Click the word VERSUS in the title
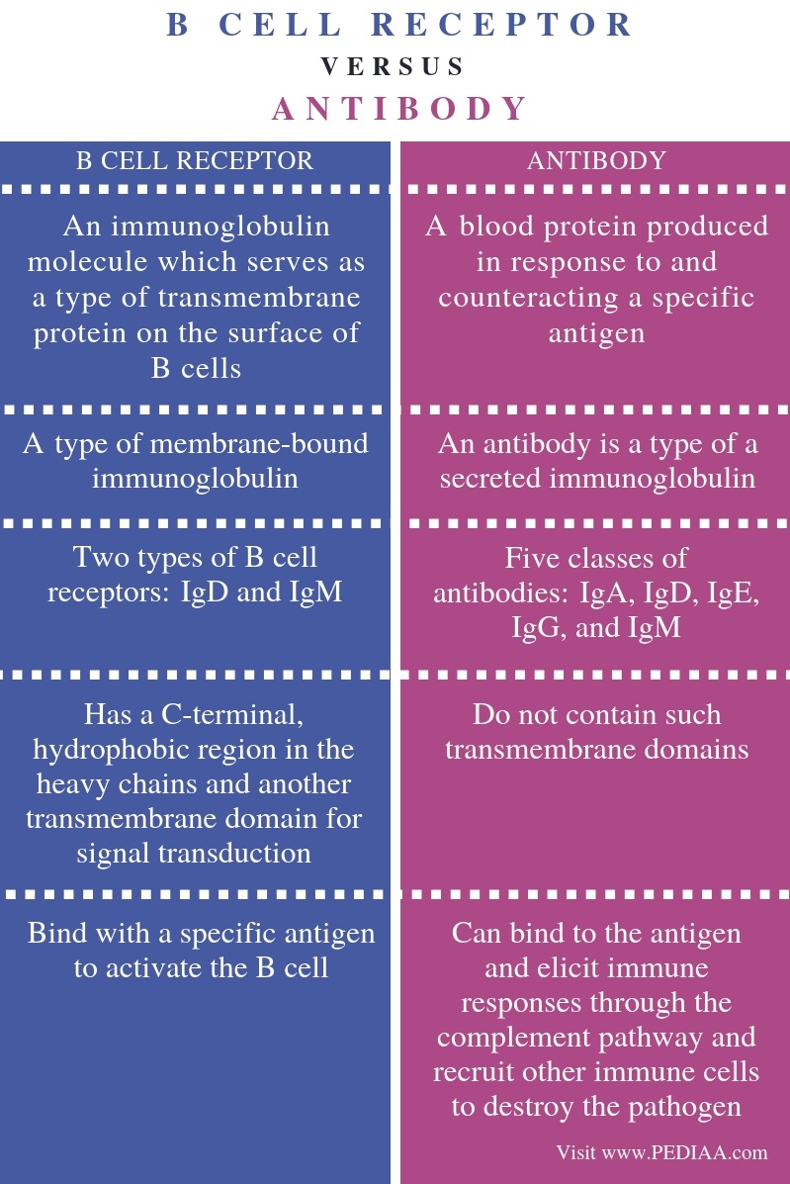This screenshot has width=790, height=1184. click(x=393, y=66)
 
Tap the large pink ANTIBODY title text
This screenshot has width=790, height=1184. click(x=399, y=109)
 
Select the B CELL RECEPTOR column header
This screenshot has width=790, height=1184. click(x=195, y=161)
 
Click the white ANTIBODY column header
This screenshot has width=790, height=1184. click(x=596, y=161)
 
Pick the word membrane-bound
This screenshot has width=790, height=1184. click(x=260, y=443)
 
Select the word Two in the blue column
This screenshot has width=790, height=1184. click(x=100, y=557)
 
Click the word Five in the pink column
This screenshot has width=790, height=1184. click(x=533, y=558)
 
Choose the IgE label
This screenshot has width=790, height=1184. click(x=734, y=592)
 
